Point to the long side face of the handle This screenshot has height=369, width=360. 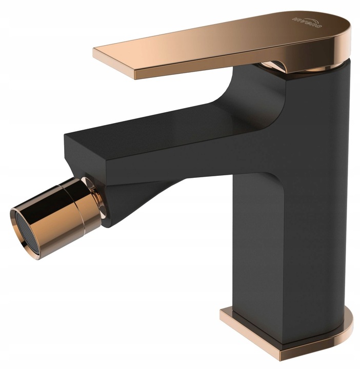click(205, 65)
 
